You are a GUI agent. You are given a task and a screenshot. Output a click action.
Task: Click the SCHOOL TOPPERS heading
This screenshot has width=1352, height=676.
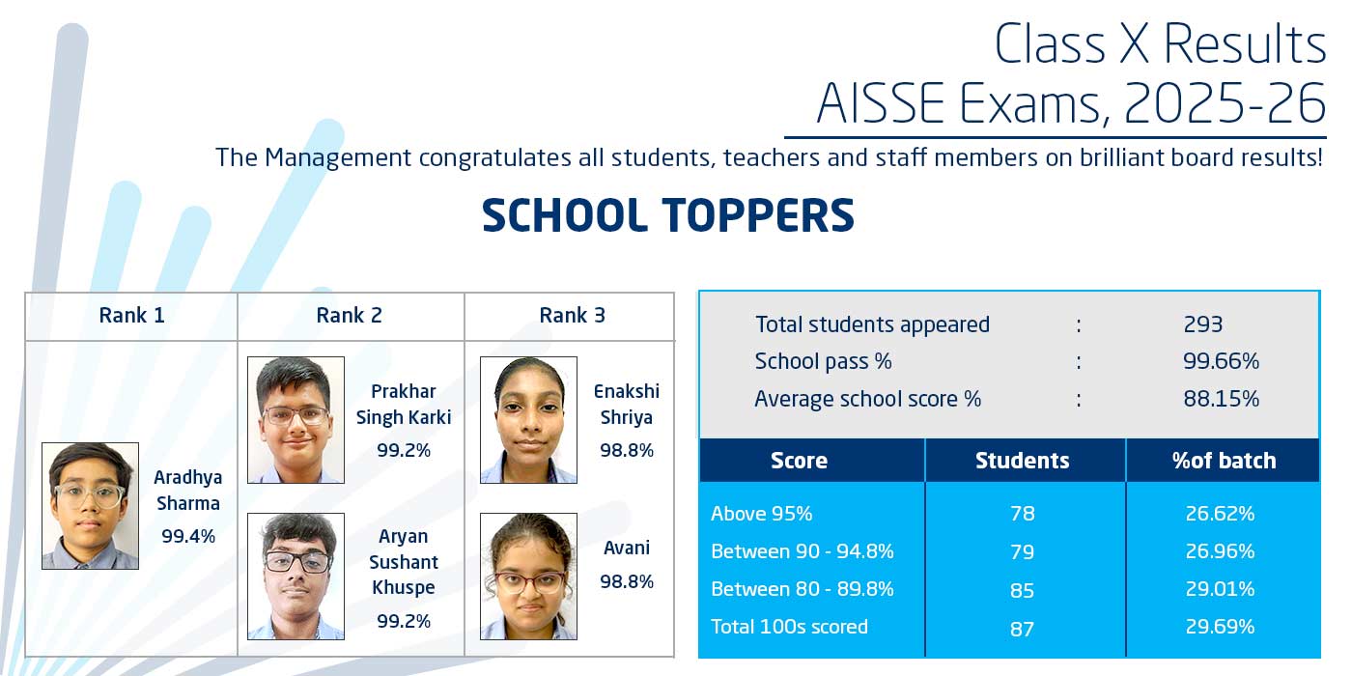pyautogui.click(x=667, y=216)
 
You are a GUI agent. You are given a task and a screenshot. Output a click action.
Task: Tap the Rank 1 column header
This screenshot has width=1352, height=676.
pyautogui.click(x=131, y=316)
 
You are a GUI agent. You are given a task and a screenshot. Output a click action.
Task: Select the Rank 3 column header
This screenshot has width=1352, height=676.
pyautogui.click(x=572, y=316)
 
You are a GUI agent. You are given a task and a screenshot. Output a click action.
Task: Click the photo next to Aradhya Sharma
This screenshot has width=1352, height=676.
pyautogui.click(x=90, y=505)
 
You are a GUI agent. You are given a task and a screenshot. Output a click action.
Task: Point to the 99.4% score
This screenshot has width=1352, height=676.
pyautogui.click(x=188, y=536)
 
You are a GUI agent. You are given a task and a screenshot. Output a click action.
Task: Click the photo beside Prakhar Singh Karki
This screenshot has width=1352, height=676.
pyautogui.click(x=296, y=420)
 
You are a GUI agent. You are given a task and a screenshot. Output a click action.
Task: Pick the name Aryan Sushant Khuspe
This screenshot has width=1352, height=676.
pyautogui.click(x=404, y=561)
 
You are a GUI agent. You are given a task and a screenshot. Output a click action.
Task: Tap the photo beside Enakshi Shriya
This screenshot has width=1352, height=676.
pyautogui.click(x=528, y=420)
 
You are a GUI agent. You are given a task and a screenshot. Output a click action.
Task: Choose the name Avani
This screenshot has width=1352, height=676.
pyautogui.click(x=626, y=548)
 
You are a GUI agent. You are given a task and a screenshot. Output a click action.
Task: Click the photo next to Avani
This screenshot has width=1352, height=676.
pyautogui.click(x=528, y=576)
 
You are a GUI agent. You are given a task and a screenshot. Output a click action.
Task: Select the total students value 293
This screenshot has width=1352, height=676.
pyautogui.click(x=1202, y=324)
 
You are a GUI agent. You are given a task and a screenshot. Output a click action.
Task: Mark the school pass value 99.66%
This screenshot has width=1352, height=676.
pyautogui.click(x=1221, y=361)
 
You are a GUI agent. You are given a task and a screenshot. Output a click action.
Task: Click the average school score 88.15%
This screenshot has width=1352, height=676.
pyautogui.click(x=1221, y=398)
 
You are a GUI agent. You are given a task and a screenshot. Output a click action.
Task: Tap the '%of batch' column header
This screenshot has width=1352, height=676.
pyautogui.click(x=1224, y=461)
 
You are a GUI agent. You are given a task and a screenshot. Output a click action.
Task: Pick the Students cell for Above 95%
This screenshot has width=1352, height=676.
pyautogui.click(x=1022, y=513)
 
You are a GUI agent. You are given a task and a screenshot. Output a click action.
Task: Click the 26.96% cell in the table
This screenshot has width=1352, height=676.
pyautogui.click(x=1220, y=551)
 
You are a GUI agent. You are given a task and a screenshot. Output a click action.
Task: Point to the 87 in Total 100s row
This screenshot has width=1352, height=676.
pyautogui.click(x=1022, y=629)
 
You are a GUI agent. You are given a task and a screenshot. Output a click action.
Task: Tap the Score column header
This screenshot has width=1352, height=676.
pyautogui.click(x=799, y=461)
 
